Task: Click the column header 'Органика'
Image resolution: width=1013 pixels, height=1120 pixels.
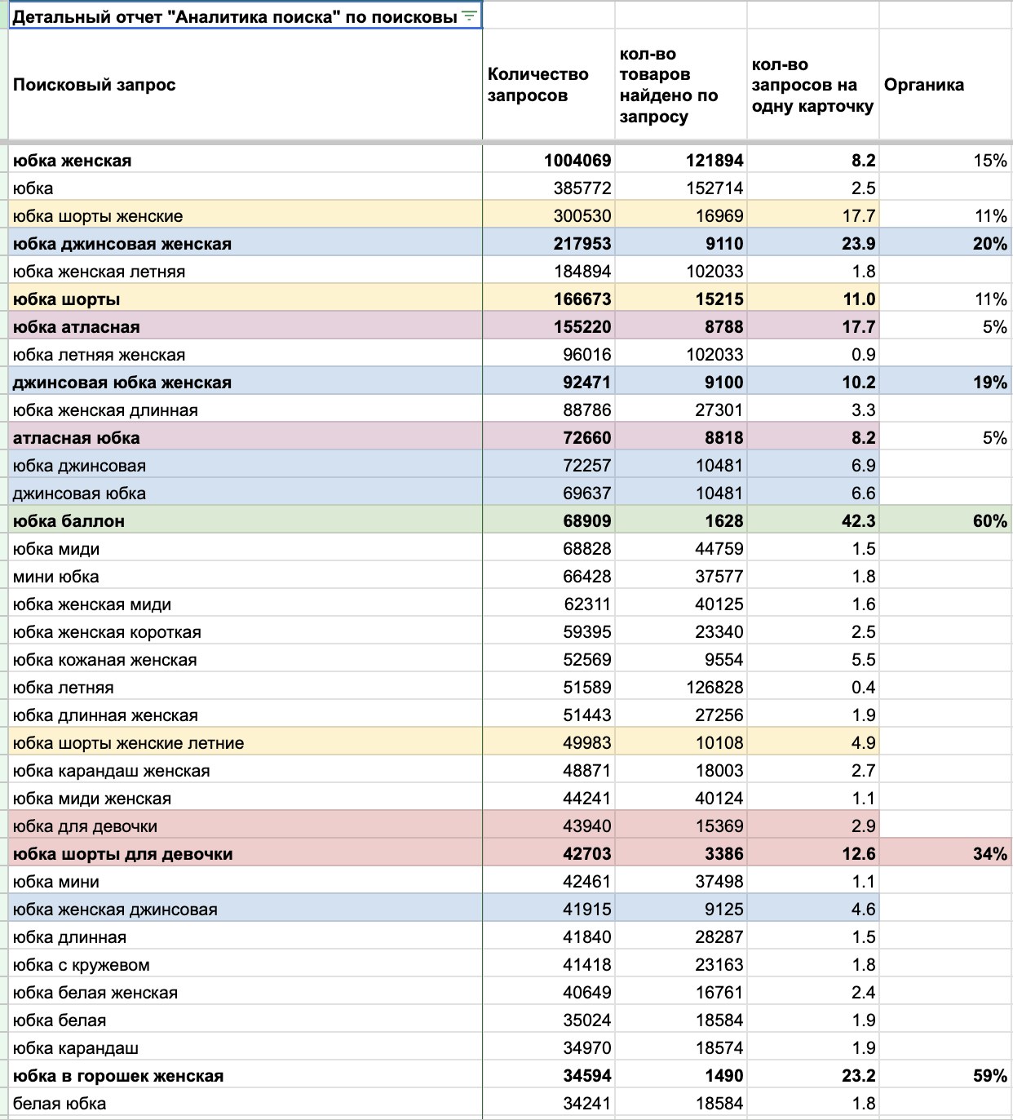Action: click(x=923, y=85)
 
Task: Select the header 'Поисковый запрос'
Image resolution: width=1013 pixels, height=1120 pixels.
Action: click(x=95, y=85)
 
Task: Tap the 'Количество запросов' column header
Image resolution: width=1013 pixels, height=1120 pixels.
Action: click(x=537, y=85)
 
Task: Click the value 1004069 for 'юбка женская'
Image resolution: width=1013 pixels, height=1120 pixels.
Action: click(x=577, y=161)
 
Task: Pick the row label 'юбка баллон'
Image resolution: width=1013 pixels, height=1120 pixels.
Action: click(x=69, y=521)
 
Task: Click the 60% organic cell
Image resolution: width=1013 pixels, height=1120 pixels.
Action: click(x=990, y=521)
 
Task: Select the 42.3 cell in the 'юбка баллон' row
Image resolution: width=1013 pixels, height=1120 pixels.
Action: click(x=858, y=521)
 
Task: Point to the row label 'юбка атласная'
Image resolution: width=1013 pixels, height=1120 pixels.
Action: click(x=77, y=326)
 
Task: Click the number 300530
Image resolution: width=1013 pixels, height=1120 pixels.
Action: click(x=582, y=216)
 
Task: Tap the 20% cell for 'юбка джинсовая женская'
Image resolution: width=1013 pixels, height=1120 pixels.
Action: click(x=990, y=244)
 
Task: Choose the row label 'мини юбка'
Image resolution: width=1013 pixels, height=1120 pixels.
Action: click(x=55, y=576)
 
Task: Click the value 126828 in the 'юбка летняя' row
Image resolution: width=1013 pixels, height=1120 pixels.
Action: click(x=714, y=688)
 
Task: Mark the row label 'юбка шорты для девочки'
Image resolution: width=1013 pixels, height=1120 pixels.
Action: click(x=123, y=854)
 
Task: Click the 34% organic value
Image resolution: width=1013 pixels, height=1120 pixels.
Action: click(x=990, y=854)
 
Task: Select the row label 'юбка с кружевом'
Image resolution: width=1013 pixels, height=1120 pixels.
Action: click(x=82, y=965)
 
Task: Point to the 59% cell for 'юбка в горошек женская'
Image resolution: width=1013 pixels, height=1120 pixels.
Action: click(x=990, y=1076)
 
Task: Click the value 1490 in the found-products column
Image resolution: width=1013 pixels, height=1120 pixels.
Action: click(x=723, y=1076)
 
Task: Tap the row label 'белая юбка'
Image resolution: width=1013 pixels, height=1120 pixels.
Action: click(x=60, y=1103)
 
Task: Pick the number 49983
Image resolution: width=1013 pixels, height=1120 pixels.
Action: click(x=587, y=743)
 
